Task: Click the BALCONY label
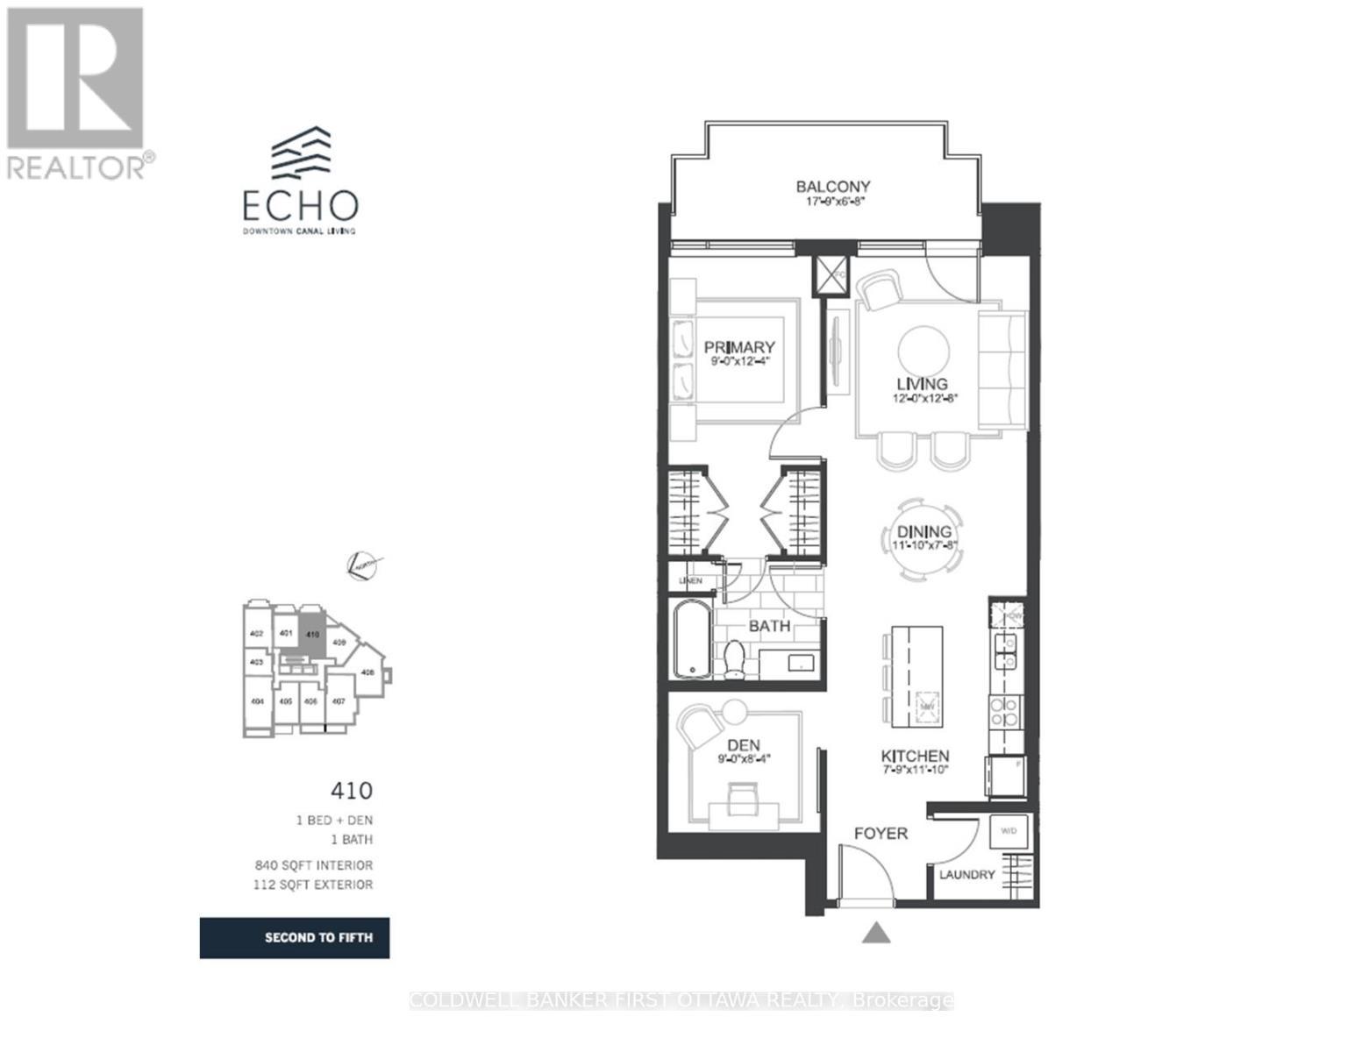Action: coord(832,187)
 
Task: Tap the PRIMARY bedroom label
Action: coord(738,347)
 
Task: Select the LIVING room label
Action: coord(921,384)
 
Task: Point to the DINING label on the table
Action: coord(923,531)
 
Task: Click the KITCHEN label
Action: coord(915,756)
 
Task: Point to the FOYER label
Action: coord(881,833)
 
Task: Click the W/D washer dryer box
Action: coord(1009,831)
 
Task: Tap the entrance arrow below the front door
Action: coord(875,933)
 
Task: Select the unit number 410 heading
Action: coord(351,791)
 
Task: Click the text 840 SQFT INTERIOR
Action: coord(314,865)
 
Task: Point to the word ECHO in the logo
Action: coord(300,205)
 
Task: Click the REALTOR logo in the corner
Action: coord(76,93)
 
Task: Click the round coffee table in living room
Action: coord(923,351)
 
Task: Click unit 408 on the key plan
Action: coord(367,672)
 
